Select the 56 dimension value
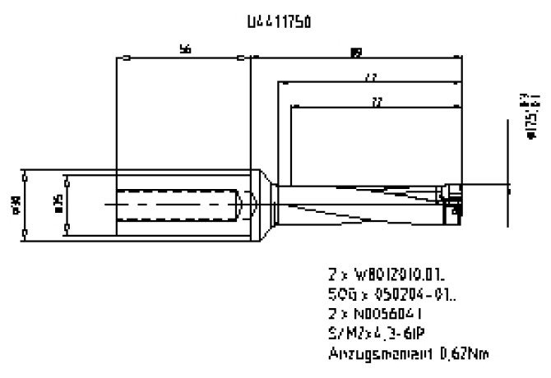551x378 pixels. [185, 50]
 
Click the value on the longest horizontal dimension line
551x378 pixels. [355, 53]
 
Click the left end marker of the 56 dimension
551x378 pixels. [124, 58]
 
